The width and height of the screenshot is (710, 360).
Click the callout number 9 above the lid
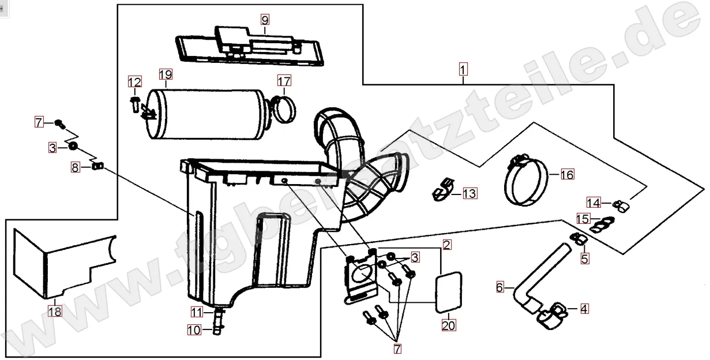pyautogui.click(x=265, y=20)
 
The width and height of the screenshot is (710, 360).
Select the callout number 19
pyautogui.click(x=166, y=74)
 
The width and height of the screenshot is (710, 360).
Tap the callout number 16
pyautogui.click(x=567, y=174)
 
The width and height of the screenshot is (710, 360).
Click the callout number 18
pyautogui.click(x=54, y=312)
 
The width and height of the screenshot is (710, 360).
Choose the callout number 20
pyautogui.click(x=448, y=325)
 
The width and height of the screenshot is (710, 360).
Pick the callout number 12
pyautogui.click(x=134, y=82)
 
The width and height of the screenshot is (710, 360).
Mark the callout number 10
pyautogui.click(x=194, y=331)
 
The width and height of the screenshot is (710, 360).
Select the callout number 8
pyautogui.click(x=76, y=167)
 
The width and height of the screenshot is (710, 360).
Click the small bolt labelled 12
pyautogui.click(x=134, y=104)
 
